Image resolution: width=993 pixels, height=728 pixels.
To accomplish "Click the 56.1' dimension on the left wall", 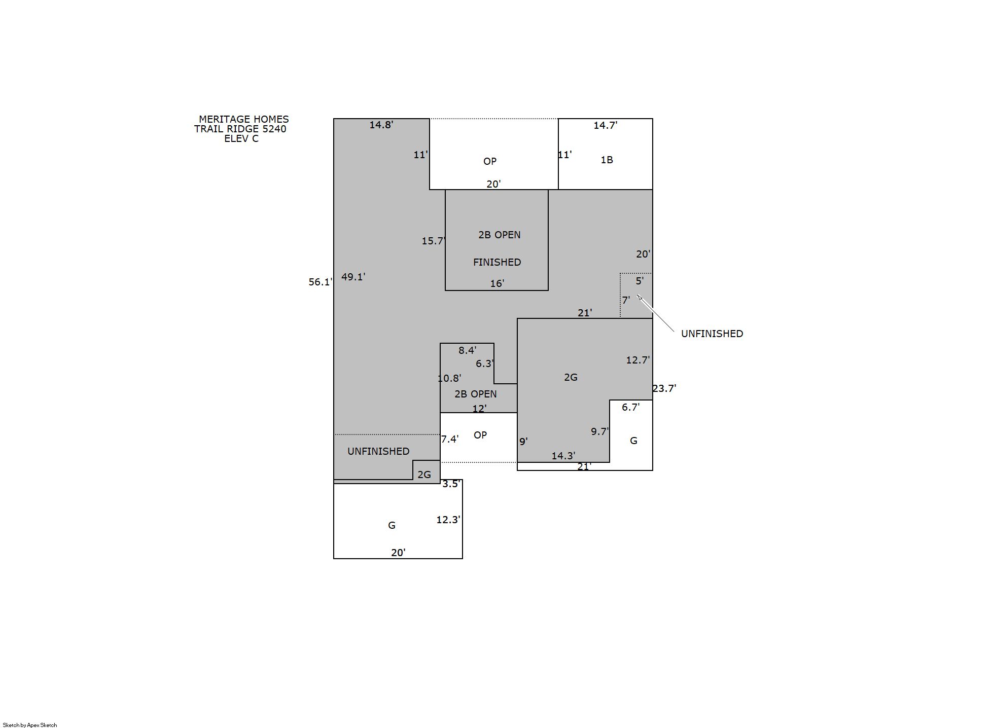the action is (x=321, y=282).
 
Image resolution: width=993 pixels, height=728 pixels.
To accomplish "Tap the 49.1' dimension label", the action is (x=353, y=277).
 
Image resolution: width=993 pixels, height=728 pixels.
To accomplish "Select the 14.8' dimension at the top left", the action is (x=381, y=125).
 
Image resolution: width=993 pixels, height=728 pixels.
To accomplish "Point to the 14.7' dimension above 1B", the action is (x=605, y=125).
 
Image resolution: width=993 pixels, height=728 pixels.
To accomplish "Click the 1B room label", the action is (x=607, y=160).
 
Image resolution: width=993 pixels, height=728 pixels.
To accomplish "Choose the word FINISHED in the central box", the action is (x=497, y=262).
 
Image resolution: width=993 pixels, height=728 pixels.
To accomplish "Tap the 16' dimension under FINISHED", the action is (x=497, y=283).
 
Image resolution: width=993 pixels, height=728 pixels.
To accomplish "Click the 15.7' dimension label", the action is (x=434, y=241).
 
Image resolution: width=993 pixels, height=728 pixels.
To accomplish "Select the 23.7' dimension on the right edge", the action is (x=664, y=388).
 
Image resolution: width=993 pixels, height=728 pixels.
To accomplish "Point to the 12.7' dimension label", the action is (x=637, y=360).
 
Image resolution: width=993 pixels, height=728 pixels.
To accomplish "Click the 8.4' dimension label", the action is (x=467, y=350).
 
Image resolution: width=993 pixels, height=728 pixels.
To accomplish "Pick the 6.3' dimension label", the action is (x=484, y=363).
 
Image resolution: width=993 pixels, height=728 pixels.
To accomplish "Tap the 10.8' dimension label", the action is (x=449, y=378).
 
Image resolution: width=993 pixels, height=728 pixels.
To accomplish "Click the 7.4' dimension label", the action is (x=450, y=439).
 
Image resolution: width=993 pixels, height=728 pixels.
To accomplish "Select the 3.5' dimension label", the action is (x=451, y=484).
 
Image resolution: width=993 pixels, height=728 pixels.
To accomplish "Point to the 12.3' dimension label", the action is (x=448, y=520).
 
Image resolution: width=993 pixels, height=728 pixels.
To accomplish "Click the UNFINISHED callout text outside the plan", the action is (x=712, y=334).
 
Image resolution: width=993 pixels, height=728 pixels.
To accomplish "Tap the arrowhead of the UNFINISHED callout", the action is (x=638, y=296).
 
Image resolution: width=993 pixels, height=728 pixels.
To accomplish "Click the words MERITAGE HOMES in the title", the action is (x=244, y=119).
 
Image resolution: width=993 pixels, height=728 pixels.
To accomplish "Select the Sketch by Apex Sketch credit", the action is (x=30, y=725).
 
